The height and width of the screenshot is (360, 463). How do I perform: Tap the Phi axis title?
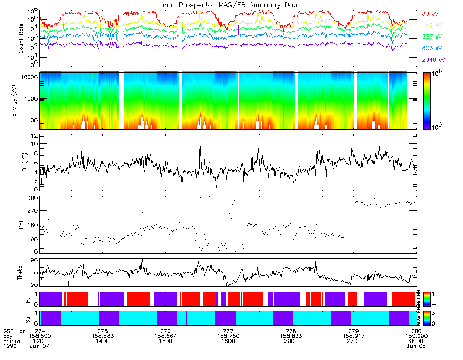(22, 225)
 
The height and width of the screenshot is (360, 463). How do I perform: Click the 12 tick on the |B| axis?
(33, 136)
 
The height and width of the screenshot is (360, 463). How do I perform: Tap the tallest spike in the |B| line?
(200, 137)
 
